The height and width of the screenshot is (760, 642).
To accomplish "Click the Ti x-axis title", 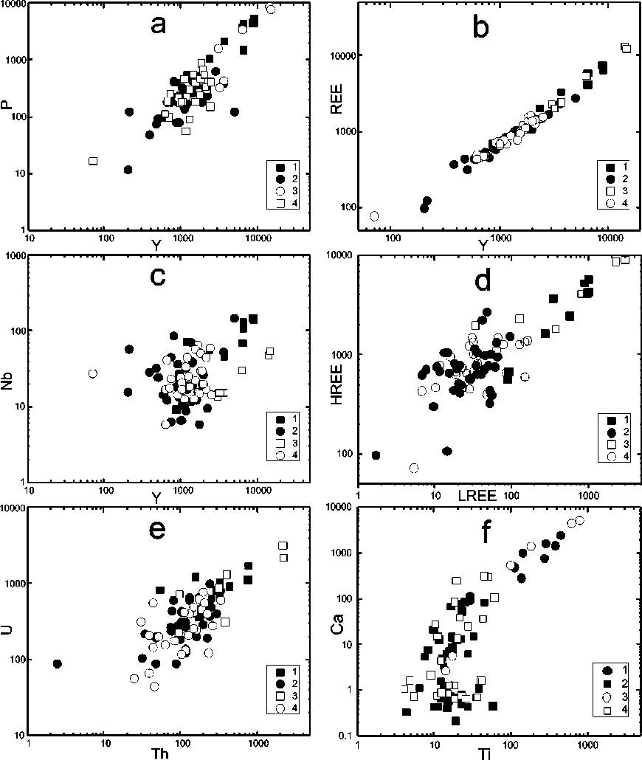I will click(x=486, y=751).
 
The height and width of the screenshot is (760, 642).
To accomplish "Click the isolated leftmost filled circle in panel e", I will click(x=58, y=664).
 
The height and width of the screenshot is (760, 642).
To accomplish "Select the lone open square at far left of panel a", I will click(x=93, y=161).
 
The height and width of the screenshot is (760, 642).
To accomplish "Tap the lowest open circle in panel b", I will click(x=374, y=216).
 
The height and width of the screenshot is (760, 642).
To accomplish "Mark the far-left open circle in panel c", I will click(x=93, y=373).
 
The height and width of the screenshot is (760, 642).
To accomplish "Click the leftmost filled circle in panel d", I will click(x=376, y=455).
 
